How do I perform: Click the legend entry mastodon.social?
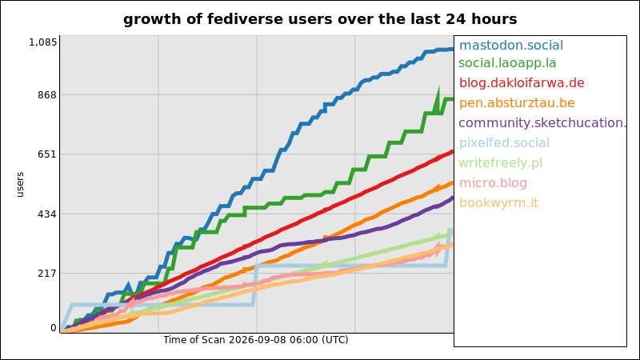point(511,45)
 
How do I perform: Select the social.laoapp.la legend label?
point(507,63)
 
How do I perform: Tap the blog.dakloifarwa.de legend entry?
point(522,83)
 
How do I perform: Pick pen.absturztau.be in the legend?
point(517,103)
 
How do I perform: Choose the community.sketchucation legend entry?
point(542,123)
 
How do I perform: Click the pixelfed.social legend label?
point(505,143)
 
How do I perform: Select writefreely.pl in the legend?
point(501,163)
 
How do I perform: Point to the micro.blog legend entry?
point(493,183)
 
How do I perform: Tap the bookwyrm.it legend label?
point(498,203)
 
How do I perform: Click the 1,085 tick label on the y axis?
point(43,42)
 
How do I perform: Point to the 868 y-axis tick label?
point(47,94)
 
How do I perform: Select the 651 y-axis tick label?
point(47,154)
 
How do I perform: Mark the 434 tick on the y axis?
point(47,214)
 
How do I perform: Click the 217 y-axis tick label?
point(47,273)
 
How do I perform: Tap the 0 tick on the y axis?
point(54,328)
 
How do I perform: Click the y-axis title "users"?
point(20,185)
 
